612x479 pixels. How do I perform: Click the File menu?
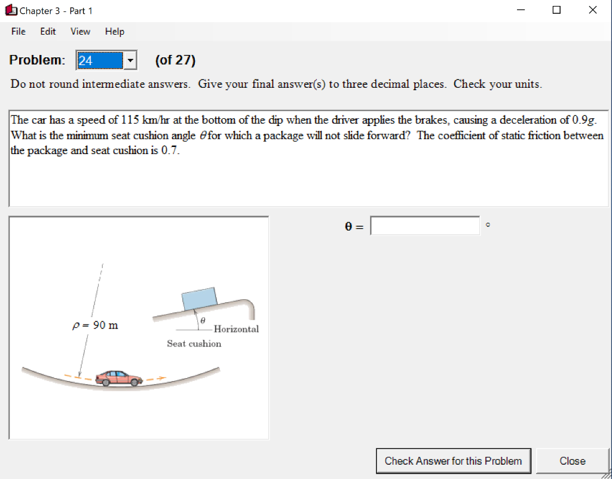[18, 32]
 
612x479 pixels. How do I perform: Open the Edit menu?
[48, 32]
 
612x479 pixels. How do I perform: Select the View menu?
[80, 32]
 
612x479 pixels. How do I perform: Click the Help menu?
[115, 32]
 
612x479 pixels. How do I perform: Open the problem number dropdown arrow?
[130, 60]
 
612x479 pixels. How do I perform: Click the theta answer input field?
[425, 226]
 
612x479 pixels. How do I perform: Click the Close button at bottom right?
[572, 461]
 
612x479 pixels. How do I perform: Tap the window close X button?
[592, 10]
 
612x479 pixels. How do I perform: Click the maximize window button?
[557, 10]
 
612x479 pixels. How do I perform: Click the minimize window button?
[522, 10]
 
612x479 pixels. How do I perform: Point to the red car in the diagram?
[120, 377]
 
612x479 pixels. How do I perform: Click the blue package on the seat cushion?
[199, 299]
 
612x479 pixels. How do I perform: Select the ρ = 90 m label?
[95, 326]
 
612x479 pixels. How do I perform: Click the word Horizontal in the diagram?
[236, 329]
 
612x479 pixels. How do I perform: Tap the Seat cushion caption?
[194, 343]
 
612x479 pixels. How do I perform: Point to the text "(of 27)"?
[175, 60]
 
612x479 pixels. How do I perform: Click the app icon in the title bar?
[11, 11]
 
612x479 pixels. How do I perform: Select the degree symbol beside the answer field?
[488, 225]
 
